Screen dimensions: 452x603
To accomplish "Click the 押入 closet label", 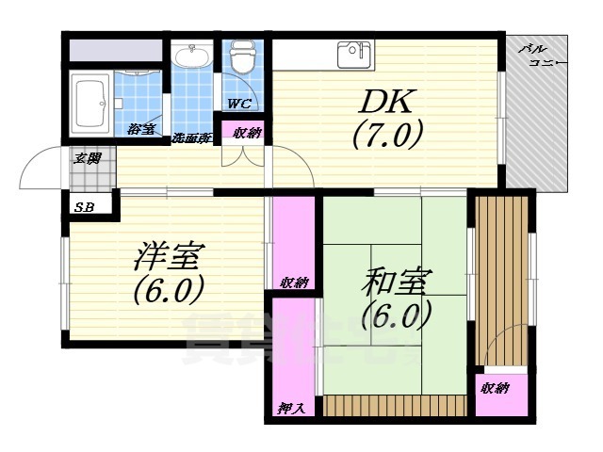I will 290,407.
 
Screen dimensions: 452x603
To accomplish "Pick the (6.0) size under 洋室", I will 170,289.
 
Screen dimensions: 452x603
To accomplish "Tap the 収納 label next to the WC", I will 247,133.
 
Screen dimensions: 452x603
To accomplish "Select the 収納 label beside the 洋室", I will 294,282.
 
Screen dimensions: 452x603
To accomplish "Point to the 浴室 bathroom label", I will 142,129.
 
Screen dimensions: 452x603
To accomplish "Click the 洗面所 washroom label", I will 191,139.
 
